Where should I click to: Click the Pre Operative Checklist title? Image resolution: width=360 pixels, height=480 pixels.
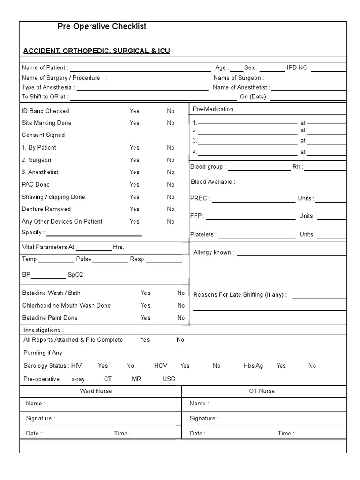click(x=102, y=27)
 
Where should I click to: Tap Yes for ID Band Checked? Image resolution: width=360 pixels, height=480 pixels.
click(x=135, y=111)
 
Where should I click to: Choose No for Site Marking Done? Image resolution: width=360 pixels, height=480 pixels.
click(x=171, y=123)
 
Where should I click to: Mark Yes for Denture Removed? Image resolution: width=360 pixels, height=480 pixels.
click(x=135, y=209)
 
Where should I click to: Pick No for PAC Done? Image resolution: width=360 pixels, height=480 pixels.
click(x=171, y=185)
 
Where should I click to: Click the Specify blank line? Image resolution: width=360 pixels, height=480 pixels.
click(x=94, y=234)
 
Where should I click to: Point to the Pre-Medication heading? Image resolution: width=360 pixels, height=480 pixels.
click(x=213, y=109)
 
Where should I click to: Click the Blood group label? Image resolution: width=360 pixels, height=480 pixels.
click(x=208, y=167)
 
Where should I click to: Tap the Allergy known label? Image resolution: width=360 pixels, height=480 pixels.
click(x=213, y=253)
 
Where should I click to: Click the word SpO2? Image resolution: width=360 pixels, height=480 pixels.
click(x=75, y=275)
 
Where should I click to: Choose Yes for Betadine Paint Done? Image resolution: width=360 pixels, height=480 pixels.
click(x=145, y=318)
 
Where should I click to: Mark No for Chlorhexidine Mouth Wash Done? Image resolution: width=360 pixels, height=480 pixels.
click(x=181, y=306)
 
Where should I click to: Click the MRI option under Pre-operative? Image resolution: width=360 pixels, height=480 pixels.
click(x=137, y=379)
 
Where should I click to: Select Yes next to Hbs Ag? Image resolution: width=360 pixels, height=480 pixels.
click(x=281, y=366)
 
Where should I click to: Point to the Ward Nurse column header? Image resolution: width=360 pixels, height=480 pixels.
click(x=96, y=391)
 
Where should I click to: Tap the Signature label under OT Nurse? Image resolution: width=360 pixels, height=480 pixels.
click(x=204, y=419)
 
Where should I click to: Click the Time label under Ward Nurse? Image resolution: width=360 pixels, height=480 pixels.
click(x=122, y=434)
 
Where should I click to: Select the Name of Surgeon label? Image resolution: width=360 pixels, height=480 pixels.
click(x=239, y=78)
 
